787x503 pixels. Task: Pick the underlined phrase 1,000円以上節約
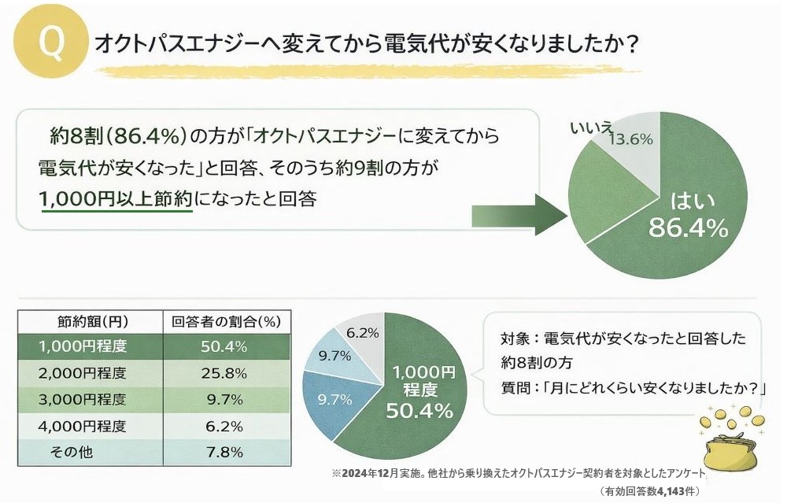coord(115,200)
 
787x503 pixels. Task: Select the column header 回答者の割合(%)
coord(226,321)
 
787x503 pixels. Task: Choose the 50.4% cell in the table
coord(226,346)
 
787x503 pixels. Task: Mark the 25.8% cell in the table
coord(226,373)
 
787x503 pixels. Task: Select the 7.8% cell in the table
coord(226,453)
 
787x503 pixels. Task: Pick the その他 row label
coord(72,453)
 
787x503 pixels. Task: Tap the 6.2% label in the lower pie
coord(363,333)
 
